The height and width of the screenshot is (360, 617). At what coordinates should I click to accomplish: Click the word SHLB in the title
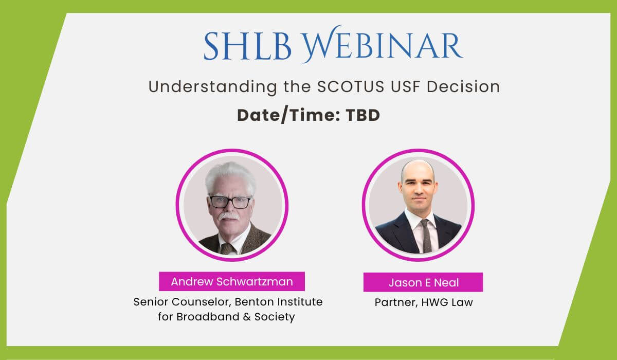[247, 46]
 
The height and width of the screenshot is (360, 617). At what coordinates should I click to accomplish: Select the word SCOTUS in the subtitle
[351, 86]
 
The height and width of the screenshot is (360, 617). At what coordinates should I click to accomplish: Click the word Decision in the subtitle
[463, 86]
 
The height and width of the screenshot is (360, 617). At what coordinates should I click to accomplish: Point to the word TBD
[363, 115]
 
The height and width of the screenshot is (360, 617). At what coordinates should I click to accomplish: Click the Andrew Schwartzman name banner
[232, 281]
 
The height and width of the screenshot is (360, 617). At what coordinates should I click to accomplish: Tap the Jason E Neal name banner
[423, 282]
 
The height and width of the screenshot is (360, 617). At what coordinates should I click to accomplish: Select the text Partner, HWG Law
[424, 302]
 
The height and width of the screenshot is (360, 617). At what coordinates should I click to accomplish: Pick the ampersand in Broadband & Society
[247, 317]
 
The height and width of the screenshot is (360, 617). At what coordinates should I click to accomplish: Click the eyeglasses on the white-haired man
[230, 202]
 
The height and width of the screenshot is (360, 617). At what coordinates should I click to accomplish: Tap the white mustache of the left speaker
[229, 215]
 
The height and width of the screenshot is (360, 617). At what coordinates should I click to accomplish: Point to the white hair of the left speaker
[230, 176]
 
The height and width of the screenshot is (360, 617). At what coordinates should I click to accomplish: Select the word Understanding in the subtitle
[213, 87]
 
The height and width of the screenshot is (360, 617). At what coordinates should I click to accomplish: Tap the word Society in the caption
[275, 317]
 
